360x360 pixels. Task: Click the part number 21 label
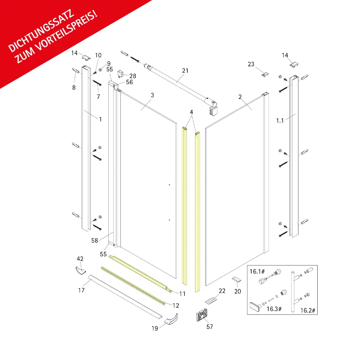[x=185, y=71]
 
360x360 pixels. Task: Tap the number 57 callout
[x=210, y=327]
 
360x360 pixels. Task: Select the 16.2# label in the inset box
[x=308, y=311]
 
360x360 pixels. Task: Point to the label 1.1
[x=280, y=121]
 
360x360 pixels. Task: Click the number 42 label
[x=80, y=259]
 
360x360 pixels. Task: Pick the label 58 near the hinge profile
[x=95, y=240]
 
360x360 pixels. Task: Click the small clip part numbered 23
[x=266, y=74]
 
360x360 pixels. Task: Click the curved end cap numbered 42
[x=80, y=270]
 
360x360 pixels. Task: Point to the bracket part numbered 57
[x=202, y=315]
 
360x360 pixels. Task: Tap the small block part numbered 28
[x=120, y=74]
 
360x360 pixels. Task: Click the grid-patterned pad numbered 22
[x=211, y=300]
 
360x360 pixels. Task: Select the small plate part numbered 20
[x=236, y=280]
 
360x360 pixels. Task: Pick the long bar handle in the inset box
[x=293, y=291]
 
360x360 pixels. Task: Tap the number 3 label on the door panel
[x=152, y=95]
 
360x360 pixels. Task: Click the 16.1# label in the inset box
[x=257, y=272]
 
